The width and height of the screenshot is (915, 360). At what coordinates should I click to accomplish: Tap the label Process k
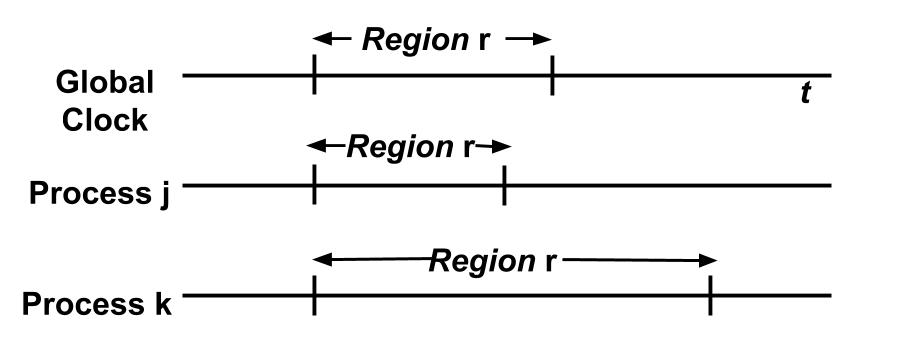tap(97, 303)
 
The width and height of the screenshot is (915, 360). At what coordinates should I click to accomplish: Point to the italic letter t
tap(805, 94)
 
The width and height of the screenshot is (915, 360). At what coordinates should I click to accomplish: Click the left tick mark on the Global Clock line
tap(314, 75)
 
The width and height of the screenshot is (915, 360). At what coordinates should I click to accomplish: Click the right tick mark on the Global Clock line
tap(552, 75)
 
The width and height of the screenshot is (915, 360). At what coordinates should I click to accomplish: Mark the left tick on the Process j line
tap(314, 185)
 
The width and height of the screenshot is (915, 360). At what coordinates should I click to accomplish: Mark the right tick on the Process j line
tap(504, 185)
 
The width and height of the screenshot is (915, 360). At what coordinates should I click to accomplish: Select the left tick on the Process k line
tap(314, 296)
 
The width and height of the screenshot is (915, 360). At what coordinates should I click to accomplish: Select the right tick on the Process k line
tap(710, 296)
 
